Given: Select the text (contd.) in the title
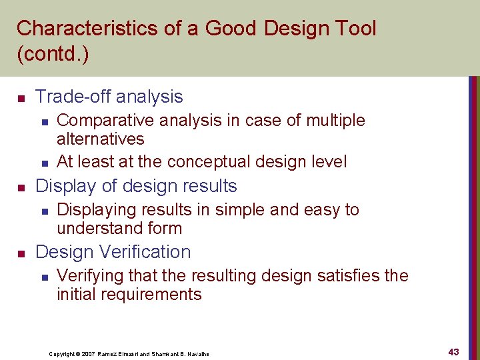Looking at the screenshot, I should (53, 54).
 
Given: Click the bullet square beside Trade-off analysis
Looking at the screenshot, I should (21, 98).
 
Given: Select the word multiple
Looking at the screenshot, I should (335, 121).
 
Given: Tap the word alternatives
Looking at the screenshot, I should (101, 139).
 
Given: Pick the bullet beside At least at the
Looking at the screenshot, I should (43, 163).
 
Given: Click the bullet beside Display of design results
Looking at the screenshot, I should (21, 187).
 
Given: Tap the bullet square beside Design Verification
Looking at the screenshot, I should (21, 253).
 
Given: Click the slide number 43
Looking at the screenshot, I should (453, 352).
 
